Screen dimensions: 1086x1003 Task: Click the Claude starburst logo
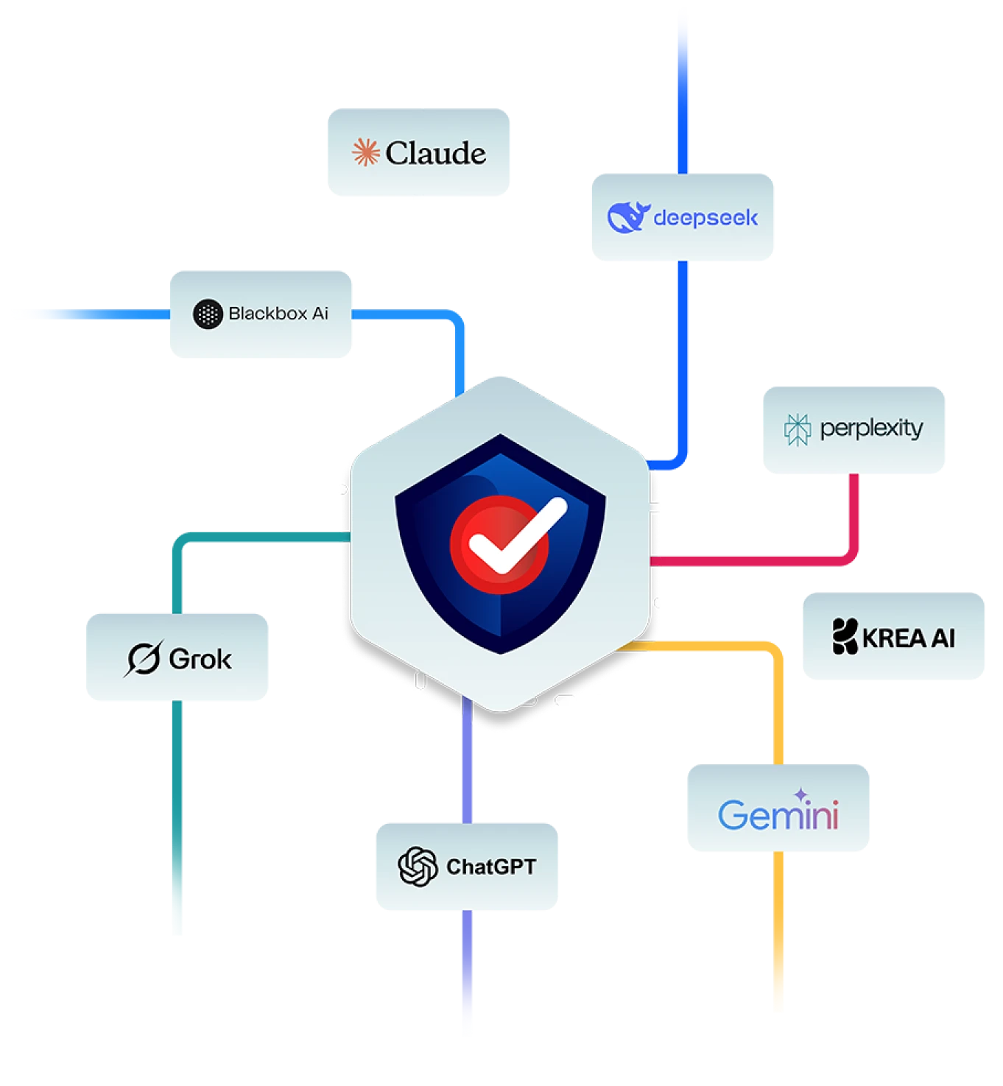pos(365,152)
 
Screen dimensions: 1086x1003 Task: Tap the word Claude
pos(436,153)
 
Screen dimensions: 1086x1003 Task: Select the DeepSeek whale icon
pos(627,217)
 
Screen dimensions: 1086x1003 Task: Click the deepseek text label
pos(705,218)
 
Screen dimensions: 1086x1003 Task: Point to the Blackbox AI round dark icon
pos(208,314)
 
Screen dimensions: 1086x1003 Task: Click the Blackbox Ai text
pos(278,314)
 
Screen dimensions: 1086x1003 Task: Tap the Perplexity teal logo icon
pos(797,429)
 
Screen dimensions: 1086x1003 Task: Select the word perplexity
pos(871,428)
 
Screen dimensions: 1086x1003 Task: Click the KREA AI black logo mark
pos(845,637)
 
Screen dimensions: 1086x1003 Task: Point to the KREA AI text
pos(909,638)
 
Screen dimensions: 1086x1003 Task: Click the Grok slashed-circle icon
pos(144,658)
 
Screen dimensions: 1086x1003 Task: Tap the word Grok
pos(200,659)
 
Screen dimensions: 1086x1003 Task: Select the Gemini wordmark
pos(778,815)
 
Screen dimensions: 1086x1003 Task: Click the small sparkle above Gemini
pos(800,794)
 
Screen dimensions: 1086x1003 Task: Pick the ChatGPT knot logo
pos(418,867)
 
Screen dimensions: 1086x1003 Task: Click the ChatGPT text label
pos(491,867)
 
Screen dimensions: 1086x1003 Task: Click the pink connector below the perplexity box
pos(854,515)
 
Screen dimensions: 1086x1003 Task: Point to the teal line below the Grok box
pos(177,817)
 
